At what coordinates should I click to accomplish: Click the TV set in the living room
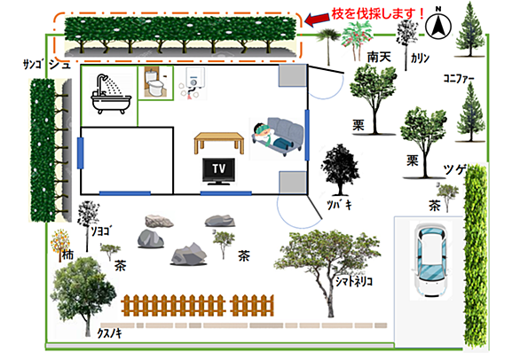pos(219,171)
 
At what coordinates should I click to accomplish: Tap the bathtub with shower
pos(111,95)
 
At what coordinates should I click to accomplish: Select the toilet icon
pos(155,82)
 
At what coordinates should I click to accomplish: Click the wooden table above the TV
pos(219,143)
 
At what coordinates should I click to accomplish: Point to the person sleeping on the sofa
pos(272,137)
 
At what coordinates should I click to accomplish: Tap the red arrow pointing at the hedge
pos(318,19)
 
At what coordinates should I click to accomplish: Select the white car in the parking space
pos(430,260)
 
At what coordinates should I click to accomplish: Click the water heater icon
pos(193,82)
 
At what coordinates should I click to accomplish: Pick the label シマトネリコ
pos(354,281)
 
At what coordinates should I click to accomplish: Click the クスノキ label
pos(109,333)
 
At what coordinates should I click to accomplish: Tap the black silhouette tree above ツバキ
pos(339,169)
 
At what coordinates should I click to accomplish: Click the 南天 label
pos(379,57)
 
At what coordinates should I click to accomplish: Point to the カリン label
pos(421,59)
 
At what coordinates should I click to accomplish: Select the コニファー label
pos(459,79)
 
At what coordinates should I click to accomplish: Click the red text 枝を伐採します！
pos(378,13)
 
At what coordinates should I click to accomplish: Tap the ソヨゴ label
pos(101,231)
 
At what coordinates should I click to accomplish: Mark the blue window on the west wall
pos(80,153)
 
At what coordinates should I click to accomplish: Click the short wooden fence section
pos(252,305)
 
